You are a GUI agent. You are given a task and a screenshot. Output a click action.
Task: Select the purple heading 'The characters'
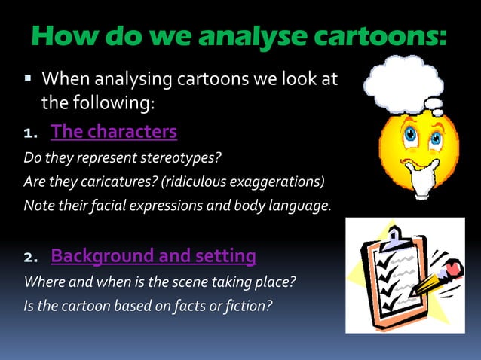pyautogui.click(x=114, y=133)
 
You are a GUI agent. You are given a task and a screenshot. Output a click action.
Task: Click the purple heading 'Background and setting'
pyautogui.click(x=153, y=256)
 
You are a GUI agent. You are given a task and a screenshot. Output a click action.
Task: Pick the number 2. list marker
pyautogui.click(x=32, y=258)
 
